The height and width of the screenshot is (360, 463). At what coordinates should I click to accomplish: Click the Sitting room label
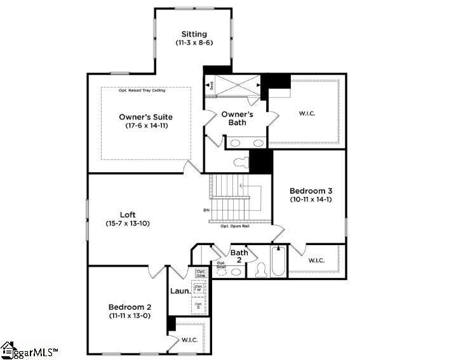click(194, 34)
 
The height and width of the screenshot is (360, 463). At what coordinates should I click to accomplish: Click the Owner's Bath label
click(237, 118)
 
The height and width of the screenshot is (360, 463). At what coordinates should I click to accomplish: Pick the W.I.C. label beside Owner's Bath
click(307, 114)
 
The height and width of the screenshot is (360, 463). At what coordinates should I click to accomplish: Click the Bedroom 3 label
click(311, 190)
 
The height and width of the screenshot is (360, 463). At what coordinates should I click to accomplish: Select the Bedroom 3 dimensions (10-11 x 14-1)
click(311, 200)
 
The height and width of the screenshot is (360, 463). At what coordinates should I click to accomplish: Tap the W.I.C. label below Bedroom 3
click(317, 260)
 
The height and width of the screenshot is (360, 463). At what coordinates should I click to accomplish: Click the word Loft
click(128, 215)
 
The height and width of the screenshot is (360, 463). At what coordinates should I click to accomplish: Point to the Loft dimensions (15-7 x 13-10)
click(128, 223)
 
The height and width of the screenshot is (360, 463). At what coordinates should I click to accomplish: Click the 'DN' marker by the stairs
click(206, 210)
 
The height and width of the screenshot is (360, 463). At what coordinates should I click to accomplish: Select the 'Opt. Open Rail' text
click(234, 226)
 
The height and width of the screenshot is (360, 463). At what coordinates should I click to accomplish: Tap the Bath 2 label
click(239, 256)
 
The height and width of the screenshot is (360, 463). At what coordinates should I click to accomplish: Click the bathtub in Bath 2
click(278, 262)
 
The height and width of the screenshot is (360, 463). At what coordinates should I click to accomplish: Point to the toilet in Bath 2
click(260, 270)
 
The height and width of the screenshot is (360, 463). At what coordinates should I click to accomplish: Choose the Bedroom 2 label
click(130, 307)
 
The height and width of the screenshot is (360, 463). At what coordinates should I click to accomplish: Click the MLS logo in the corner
click(30, 350)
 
